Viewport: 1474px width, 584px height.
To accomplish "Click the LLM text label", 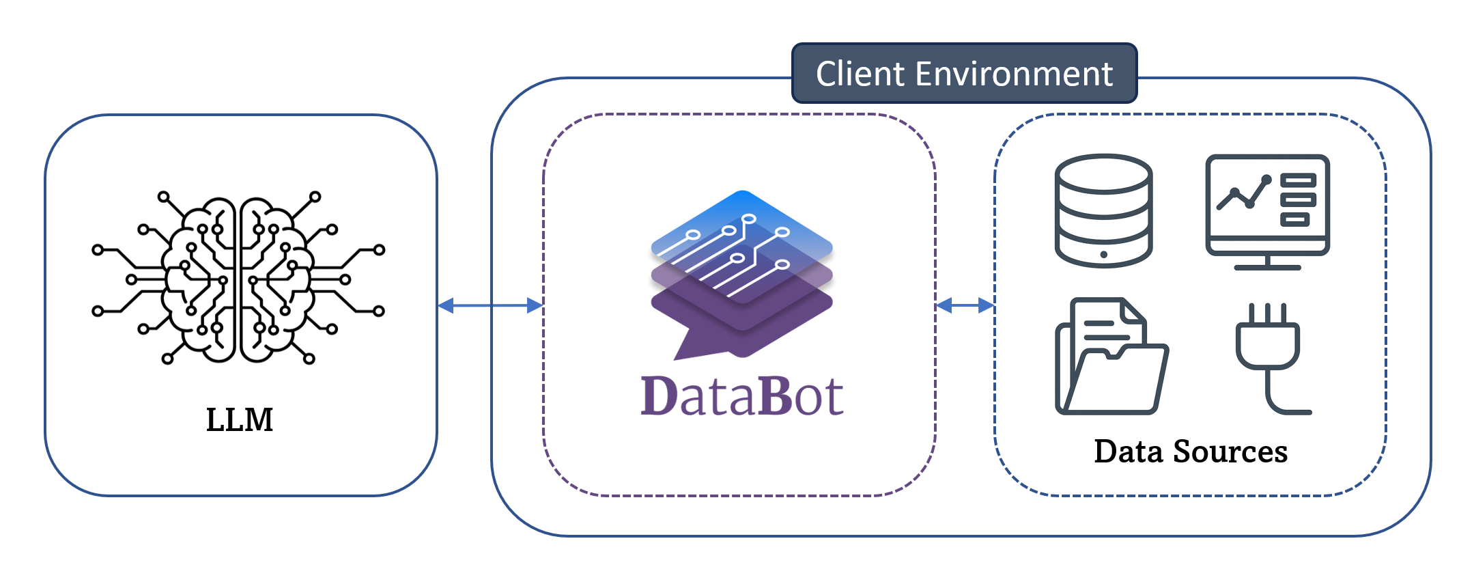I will click(240, 419).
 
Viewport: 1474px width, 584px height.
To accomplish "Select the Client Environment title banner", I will click(964, 74).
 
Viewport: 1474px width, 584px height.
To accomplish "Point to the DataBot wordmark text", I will click(742, 396).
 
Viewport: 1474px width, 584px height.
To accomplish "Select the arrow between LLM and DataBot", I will click(490, 305).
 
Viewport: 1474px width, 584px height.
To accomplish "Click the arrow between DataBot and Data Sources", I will click(965, 305).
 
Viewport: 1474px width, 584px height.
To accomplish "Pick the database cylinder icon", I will click(1103, 210).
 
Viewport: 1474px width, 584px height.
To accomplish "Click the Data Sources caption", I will click(1191, 451).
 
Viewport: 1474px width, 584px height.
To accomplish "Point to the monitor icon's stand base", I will click(1267, 267).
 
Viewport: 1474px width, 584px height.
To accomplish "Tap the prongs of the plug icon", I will click(1268, 314).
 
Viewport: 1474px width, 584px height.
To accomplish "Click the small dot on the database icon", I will click(1103, 255).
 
